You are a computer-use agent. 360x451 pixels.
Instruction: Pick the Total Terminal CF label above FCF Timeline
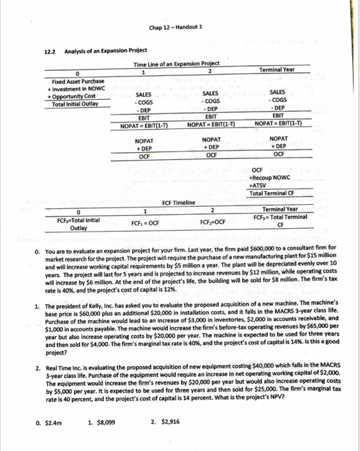click(x=279, y=194)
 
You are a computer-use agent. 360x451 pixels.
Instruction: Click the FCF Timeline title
click(x=178, y=202)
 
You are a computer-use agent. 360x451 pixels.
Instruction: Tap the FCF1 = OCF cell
click(x=146, y=222)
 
